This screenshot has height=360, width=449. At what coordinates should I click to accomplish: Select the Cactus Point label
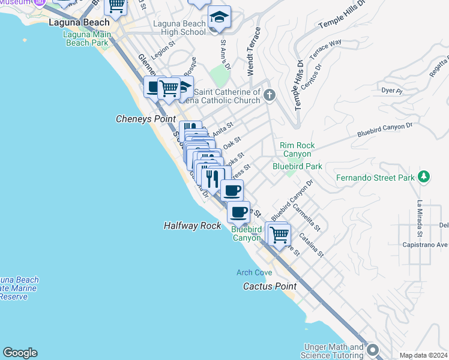coord(270,286)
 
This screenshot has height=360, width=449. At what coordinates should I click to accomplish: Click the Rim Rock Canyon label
coord(297,149)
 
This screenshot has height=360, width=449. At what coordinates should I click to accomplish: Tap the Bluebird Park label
coord(297,166)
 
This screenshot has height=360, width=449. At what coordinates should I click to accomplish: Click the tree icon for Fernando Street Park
coord(424,176)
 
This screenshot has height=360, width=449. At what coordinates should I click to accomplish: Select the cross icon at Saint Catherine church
coord(270,94)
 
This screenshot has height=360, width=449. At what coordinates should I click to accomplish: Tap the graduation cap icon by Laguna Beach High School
coord(219,17)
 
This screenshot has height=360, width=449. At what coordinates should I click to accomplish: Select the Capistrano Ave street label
coord(426,245)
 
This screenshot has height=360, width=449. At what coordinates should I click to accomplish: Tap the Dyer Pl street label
coord(391,91)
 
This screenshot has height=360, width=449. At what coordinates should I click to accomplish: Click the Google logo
coord(20,353)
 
